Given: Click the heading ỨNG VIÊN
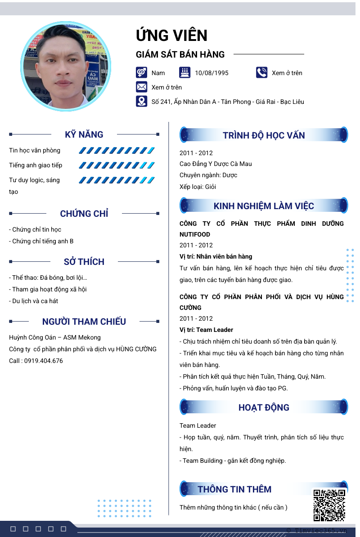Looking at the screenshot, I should pos(171,36).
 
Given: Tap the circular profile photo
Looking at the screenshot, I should pos(67,66).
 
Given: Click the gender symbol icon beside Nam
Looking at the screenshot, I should pos(141,72).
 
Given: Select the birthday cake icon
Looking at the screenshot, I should pos(184,72).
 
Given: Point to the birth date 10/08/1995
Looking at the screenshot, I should pos(211,73).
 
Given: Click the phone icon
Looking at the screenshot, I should pos(261,72).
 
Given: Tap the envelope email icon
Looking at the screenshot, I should pos(141,87).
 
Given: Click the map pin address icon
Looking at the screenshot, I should pos(141,101).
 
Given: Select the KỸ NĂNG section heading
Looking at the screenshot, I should pos(84,134).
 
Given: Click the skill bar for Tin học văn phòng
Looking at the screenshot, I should pos(117,151).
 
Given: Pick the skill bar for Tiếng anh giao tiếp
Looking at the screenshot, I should pos(117,166).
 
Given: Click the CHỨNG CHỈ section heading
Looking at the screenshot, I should pos(84,214).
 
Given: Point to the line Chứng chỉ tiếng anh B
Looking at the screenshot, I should pos(41,241).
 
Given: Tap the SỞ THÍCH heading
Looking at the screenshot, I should pos(84,262).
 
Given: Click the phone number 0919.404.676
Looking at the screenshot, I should pos(44,361).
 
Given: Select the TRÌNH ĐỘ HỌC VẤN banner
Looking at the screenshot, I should pos(264,135).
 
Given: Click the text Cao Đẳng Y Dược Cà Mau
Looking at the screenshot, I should pos(216,164).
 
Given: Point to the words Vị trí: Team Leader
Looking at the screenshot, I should pos(206,330).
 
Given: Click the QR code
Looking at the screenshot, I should pos(329,505).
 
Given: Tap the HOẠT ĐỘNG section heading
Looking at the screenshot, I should pos(264,407).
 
